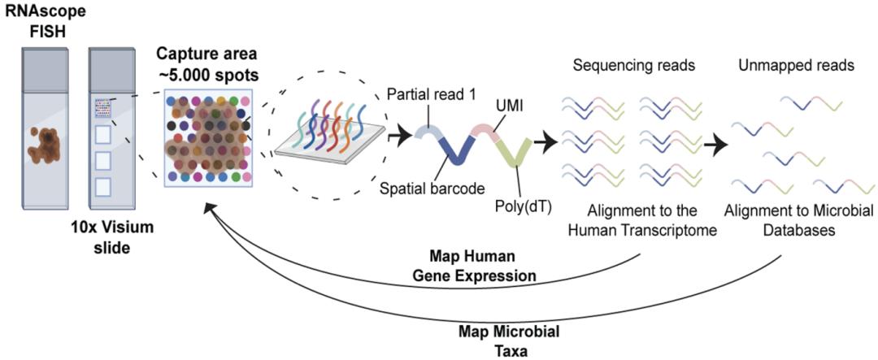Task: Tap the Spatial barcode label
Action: [427, 189]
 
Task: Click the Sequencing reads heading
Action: [629, 66]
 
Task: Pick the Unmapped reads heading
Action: [785, 66]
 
